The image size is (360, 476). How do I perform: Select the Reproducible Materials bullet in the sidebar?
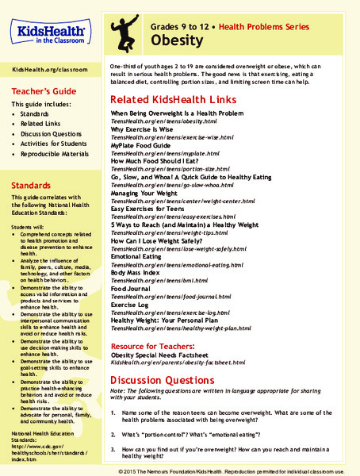point(59,164)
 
